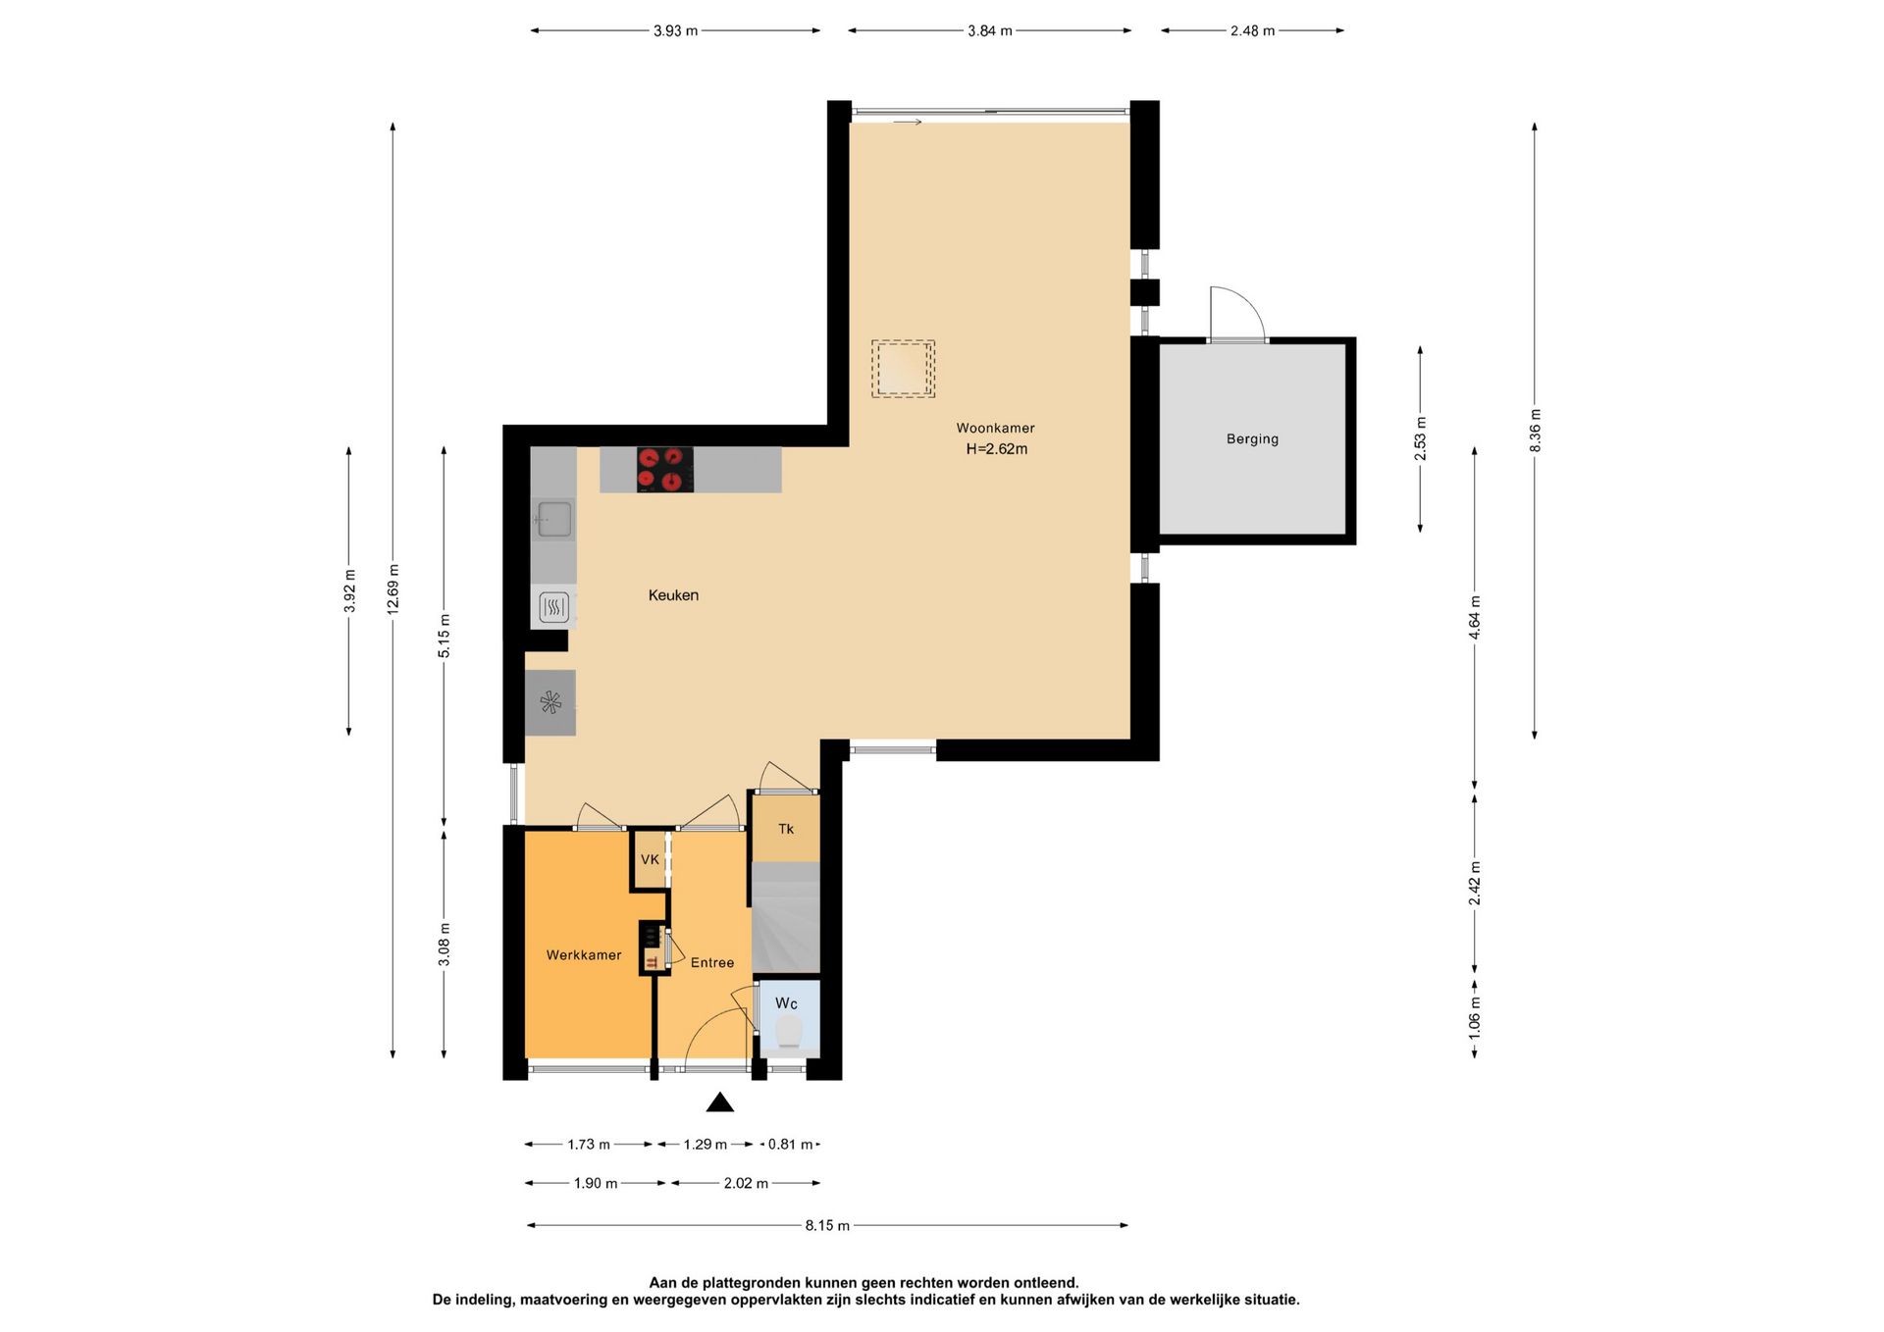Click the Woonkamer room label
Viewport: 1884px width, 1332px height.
[995, 428]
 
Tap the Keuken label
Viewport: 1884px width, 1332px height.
[673, 595]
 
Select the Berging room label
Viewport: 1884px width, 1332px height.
[1252, 439]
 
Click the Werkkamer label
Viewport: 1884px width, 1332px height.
[584, 955]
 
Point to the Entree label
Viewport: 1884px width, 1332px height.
[712, 963]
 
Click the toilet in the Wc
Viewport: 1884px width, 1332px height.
[788, 1033]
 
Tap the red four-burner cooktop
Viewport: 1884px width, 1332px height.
[665, 470]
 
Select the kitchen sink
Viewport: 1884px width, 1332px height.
[553, 520]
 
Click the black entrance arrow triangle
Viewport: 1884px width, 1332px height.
[720, 1102]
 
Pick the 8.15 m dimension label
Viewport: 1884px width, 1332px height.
[827, 1225]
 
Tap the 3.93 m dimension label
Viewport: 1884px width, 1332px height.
[675, 30]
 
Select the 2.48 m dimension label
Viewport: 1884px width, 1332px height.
[1252, 30]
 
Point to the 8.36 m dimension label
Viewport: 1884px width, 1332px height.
[1535, 431]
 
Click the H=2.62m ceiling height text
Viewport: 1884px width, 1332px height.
[997, 449]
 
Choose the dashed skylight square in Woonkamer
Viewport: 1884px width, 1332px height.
[903, 369]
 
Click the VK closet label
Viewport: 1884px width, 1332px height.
[650, 859]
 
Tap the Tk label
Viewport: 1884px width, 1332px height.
[786, 829]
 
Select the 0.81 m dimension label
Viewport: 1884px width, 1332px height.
[791, 1145]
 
